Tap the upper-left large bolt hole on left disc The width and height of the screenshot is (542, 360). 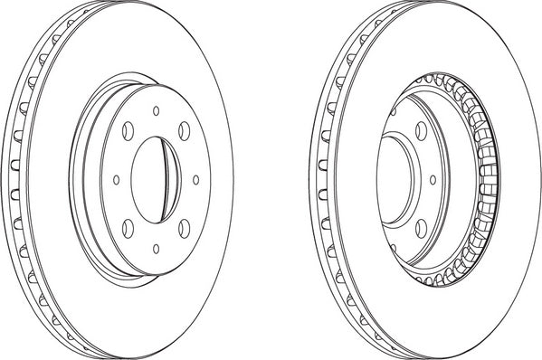[x=128, y=129]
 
